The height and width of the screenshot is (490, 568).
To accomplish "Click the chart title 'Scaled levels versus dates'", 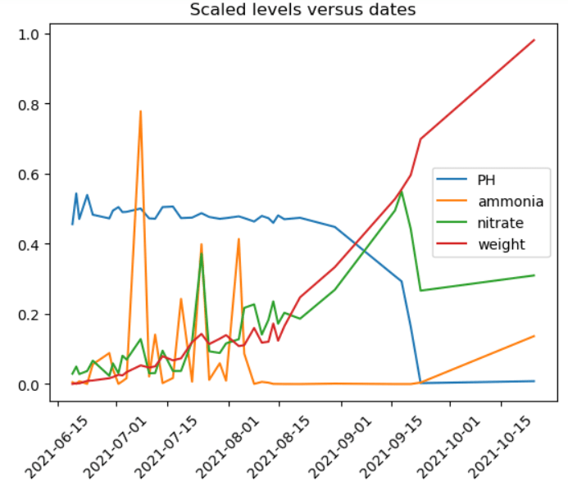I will coord(303,10).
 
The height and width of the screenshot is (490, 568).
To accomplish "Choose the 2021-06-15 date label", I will coord(49,447).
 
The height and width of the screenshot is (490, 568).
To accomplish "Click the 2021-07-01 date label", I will coord(107,447).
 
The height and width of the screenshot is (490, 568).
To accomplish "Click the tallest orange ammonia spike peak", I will coord(140,111).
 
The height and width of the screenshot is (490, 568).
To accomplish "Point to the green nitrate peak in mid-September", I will coord(401,192).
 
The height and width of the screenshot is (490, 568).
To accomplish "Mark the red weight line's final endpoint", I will coord(534,40).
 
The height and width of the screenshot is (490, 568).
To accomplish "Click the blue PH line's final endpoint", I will coord(534,381).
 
